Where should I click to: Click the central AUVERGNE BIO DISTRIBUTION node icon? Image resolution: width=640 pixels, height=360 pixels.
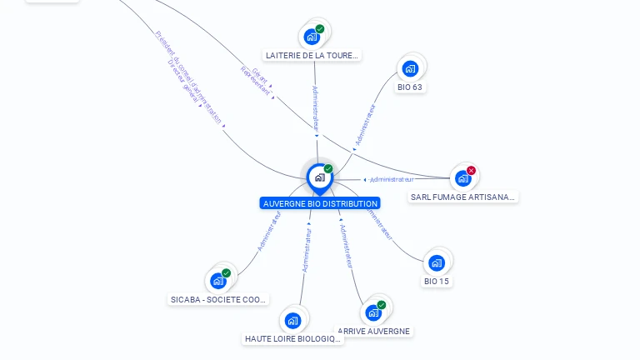click(x=319, y=177)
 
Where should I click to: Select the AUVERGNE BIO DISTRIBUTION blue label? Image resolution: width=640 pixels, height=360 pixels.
click(x=320, y=203)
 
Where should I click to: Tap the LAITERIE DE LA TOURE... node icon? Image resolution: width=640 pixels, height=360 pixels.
click(x=312, y=37)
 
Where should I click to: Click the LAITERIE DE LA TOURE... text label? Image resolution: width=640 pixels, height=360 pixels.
click(x=312, y=56)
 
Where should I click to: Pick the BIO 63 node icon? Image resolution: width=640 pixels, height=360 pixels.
click(x=409, y=68)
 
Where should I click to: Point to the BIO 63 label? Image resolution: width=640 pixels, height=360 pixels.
click(x=410, y=87)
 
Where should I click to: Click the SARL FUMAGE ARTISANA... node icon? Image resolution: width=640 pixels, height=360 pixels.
click(x=462, y=178)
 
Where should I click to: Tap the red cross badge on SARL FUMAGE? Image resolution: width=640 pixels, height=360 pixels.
click(x=471, y=171)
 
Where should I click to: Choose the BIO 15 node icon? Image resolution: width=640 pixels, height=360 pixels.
click(x=436, y=263)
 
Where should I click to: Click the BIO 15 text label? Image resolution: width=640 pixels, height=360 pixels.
click(x=437, y=282)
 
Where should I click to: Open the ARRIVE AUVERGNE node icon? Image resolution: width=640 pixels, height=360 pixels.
click(x=373, y=312)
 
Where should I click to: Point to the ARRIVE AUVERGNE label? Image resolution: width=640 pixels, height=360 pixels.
click(x=375, y=331)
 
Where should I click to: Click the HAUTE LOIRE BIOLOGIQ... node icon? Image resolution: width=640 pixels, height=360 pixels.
click(x=292, y=321)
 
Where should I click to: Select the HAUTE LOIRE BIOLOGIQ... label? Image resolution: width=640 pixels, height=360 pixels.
click(x=293, y=339)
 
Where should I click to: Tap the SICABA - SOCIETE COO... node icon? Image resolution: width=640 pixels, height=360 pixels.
click(x=218, y=281)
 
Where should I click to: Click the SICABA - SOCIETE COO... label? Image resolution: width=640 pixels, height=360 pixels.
click(x=218, y=299)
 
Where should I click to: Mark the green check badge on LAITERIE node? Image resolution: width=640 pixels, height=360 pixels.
click(x=320, y=29)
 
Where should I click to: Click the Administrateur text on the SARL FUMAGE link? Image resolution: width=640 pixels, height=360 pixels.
click(x=392, y=179)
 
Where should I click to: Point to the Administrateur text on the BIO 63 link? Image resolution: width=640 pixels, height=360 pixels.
click(x=365, y=125)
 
